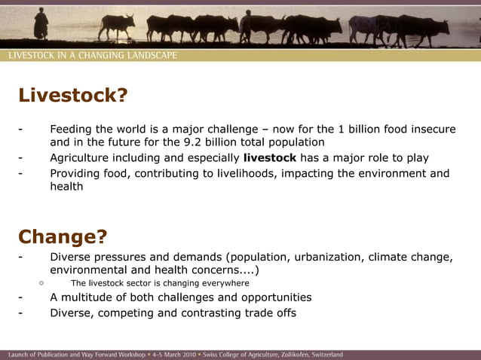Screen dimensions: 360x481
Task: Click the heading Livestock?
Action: pyautogui.click(x=73, y=96)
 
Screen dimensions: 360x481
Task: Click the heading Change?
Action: pyautogui.click(x=63, y=236)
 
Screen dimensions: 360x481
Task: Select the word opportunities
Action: pyautogui.click(x=273, y=297)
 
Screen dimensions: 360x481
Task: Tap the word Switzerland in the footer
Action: pyautogui.click(x=322, y=354)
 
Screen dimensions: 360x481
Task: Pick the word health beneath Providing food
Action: pyautogui.click(x=66, y=186)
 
